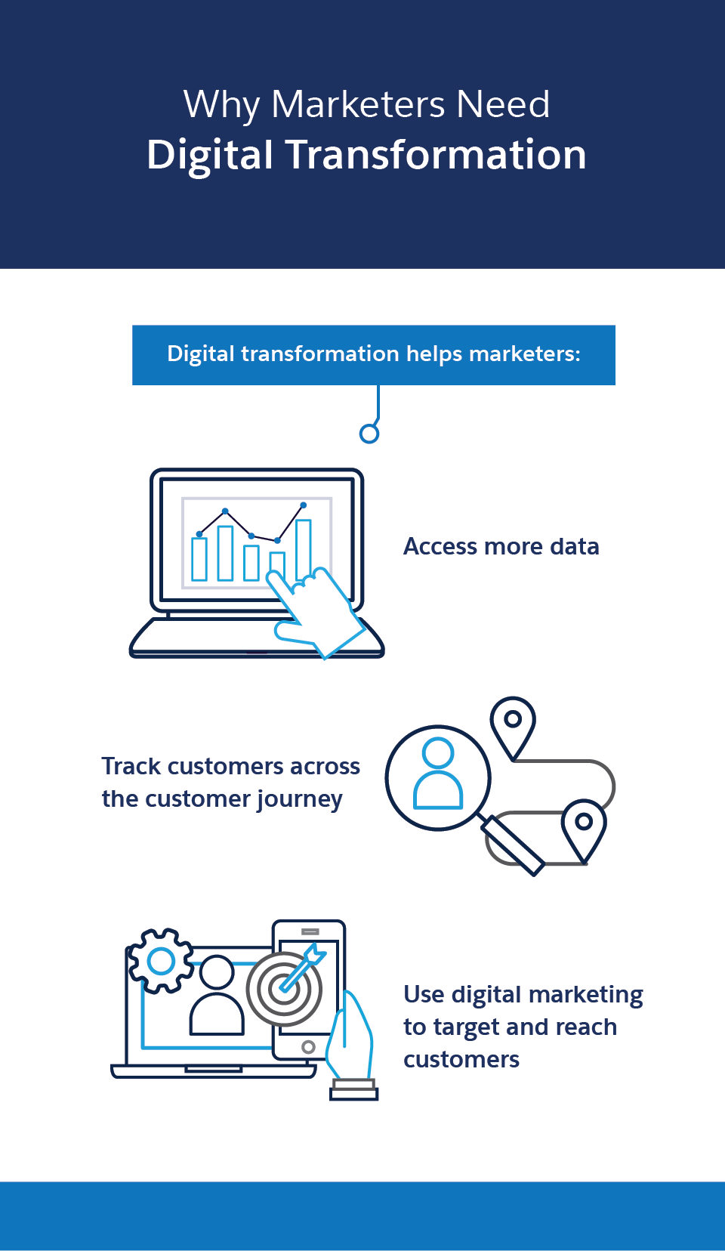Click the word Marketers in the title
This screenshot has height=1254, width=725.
click(358, 104)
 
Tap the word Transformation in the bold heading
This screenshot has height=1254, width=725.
click(437, 155)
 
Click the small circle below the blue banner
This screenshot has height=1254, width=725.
click(369, 434)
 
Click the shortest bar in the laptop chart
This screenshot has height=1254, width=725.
click(277, 565)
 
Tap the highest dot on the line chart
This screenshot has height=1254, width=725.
click(304, 505)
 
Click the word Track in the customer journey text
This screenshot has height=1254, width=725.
click(131, 767)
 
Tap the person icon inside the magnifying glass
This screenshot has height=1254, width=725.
click(438, 773)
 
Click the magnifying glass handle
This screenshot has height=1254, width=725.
click(513, 845)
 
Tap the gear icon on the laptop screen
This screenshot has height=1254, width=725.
click(161, 961)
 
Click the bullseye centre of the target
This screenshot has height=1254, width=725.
click(285, 989)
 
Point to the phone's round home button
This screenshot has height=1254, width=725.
click(308, 1047)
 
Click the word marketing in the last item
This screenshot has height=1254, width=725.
click(585, 996)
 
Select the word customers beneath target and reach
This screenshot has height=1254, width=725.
click(461, 1060)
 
